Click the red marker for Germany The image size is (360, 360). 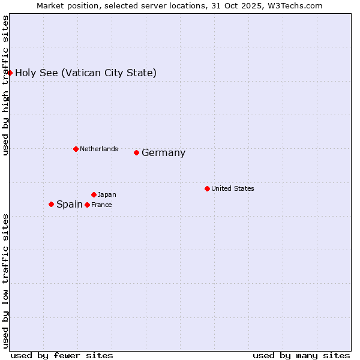pos(136,152)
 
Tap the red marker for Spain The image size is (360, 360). pos(51,204)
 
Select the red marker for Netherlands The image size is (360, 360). pos(76,149)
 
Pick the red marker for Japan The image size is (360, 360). pos(94,194)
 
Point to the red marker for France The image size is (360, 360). pos(87,205)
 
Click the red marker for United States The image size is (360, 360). pos(207,188)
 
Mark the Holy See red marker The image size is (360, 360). pos(10,73)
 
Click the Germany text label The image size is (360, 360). pos(163,153)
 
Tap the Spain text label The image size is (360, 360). pos(69,205)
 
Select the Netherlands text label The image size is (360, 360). pos(99,149)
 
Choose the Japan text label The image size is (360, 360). pos(107,194)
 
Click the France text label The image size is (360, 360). pos(101,205)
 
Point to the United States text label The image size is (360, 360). pos(233,188)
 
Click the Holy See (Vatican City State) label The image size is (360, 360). pos(86,73)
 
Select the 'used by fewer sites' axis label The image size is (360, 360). pos(62,355)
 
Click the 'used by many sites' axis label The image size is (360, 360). pos(301,355)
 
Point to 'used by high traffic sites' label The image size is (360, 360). pos(5,85)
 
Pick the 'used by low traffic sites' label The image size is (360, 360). pos(5,281)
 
